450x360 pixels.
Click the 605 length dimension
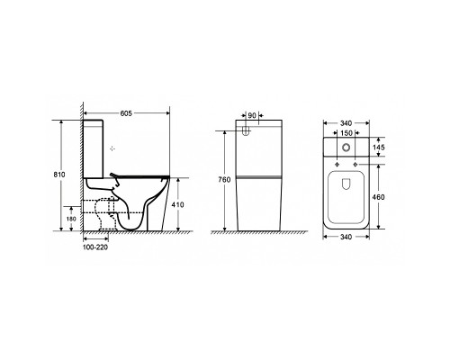click(x=126, y=113)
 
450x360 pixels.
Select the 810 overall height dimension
click(x=59, y=175)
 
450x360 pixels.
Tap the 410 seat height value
click(x=177, y=205)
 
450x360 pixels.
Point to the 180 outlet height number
click(x=71, y=219)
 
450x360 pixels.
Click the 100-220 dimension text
click(x=95, y=247)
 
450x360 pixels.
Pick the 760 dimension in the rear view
click(x=224, y=180)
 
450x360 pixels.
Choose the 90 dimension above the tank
click(x=252, y=115)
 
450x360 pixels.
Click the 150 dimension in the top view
click(x=346, y=132)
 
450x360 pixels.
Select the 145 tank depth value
click(x=379, y=148)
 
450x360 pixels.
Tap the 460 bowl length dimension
click(x=378, y=197)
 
